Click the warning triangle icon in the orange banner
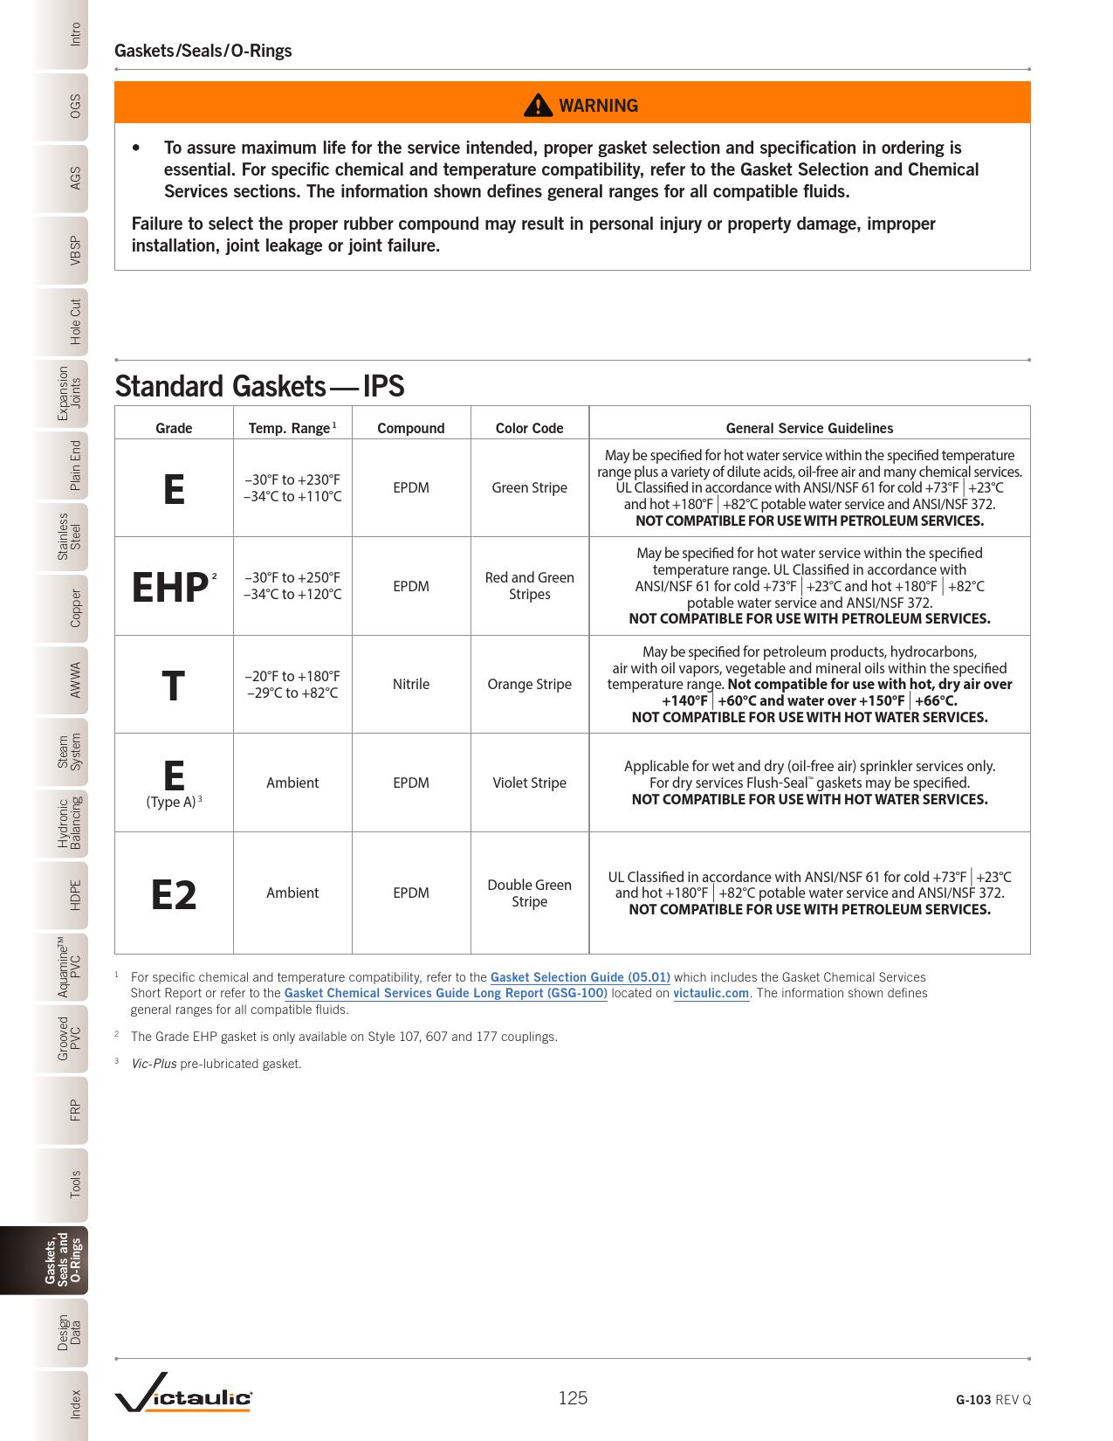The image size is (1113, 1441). [x=539, y=105]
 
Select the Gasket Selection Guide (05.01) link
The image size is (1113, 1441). [x=580, y=977]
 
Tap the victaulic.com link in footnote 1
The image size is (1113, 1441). [x=711, y=993]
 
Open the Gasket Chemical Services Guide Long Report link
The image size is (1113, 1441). [x=445, y=993]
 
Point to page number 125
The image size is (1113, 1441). [x=573, y=1398]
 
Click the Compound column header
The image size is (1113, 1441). [x=410, y=428]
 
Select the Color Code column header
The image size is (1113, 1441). [x=529, y=428]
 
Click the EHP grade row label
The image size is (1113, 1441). [x=171, y=588]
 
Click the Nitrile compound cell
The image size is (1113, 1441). [x=410, y=684]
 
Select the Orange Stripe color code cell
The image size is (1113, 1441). [x=529, y=684]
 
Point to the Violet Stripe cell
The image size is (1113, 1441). [x=529, y=783]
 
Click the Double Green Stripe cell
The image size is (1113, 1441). [x=529, y=893]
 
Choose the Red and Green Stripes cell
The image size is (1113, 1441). [x=529, y=585]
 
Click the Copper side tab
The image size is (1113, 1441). [x=75, y=608]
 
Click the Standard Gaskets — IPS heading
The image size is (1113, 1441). [x=259, y=386]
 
